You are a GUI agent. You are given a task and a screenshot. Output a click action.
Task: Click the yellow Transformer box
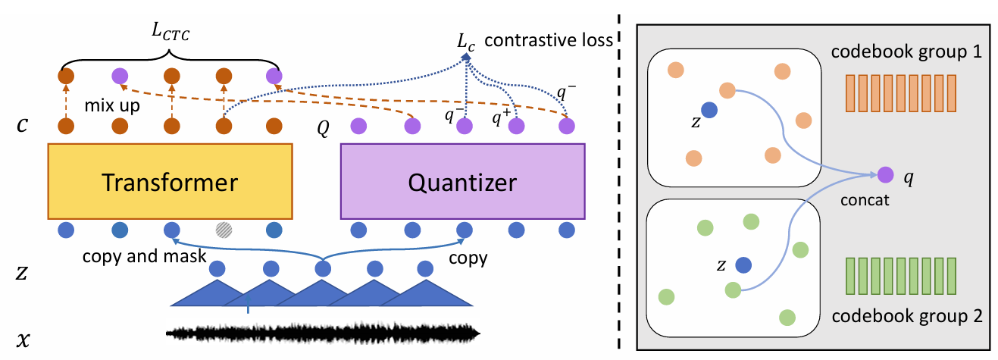click(171, 181)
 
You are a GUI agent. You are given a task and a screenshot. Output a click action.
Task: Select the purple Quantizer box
click(462, 181)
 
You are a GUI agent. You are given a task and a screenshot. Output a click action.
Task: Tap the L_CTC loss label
click(171, 32)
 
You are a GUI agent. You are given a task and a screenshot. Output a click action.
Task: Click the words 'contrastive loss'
click(549, 40)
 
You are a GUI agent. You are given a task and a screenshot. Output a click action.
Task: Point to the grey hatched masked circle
click(224, 230)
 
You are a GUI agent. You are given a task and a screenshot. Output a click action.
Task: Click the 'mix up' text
click(112, 106)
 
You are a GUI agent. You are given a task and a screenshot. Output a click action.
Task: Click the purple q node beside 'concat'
click(885, 174)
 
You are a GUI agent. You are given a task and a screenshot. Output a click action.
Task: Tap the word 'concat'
click(865, 200)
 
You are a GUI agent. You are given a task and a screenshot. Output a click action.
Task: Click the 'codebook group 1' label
click(906, 52)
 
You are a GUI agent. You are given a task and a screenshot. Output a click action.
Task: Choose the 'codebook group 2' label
click(907, 316)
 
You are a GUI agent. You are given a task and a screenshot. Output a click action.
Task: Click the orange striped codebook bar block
click(901, 93)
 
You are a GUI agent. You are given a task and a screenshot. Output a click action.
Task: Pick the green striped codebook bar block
click(901, 276)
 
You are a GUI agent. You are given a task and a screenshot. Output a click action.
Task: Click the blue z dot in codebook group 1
click(709, 110)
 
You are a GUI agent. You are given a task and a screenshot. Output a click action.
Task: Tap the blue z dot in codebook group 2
click(743, 265)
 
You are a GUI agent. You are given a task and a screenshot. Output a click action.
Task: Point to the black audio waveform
click(323, 333)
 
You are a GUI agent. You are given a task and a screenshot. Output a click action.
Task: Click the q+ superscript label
click(501, 117)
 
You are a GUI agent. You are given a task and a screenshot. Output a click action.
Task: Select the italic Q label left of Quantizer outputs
click(323, 129)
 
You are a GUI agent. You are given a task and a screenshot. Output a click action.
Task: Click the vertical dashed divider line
click(619, 181)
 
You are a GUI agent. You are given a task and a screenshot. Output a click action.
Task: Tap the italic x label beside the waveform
click(23, 340)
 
